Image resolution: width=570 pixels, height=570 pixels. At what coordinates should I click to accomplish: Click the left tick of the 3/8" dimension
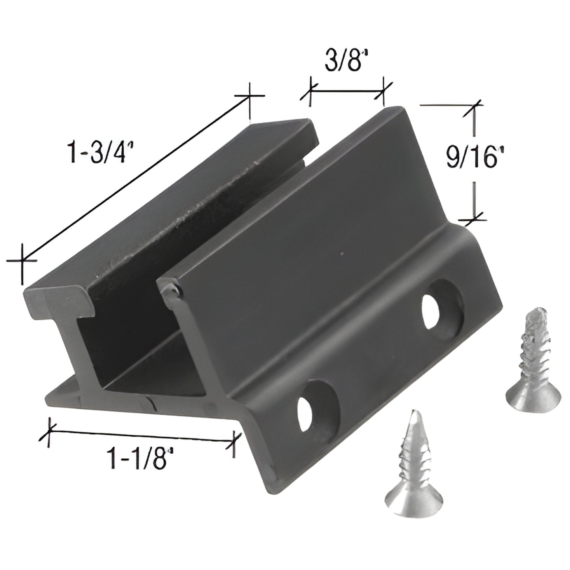pos(310,94)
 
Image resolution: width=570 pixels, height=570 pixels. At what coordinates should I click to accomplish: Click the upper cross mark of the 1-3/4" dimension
pos(249,95)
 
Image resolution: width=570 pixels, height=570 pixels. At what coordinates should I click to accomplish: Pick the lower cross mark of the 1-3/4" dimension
pos(22,260)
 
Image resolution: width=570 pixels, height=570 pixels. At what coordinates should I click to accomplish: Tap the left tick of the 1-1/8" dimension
pos(49,431)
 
